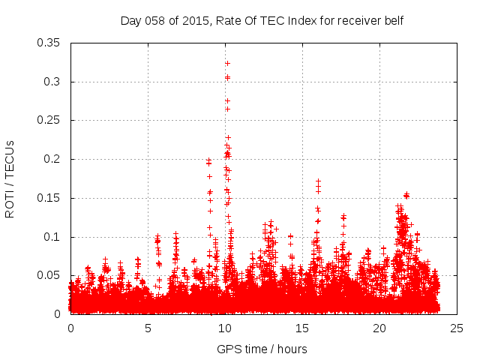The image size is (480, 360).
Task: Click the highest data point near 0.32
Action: (x=227, y=63)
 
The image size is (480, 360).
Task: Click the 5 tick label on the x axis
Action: (x=148, y=328)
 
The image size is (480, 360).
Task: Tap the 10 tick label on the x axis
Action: (x=225, y=328)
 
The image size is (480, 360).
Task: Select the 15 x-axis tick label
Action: (x=302, y=328)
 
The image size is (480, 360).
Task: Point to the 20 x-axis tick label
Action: (x=379, y=328)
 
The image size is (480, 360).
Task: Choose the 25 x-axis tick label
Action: (x=457, y=328)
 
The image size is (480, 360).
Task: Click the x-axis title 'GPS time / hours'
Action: (x=262, y=349)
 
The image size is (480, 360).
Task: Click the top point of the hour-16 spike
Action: (x=318, y=181)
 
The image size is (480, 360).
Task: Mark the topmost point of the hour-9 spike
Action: (x=209, y=160)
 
